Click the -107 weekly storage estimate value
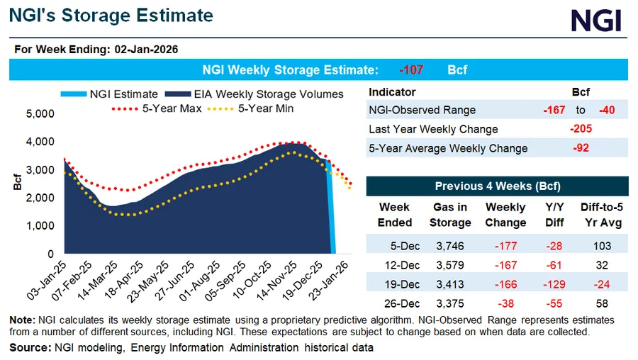pyautogui.click(x=411, y=70)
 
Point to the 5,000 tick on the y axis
pyautogui.click(x=40, y=113)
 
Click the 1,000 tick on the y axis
pyautogui.click(x=40, y=225)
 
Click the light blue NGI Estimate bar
pyautogui.click(x=330, y=213)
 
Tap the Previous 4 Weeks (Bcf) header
pyautogui.click(x=497, y=186)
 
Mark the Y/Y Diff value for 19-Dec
pyautogui.click(x=554, y=285)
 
